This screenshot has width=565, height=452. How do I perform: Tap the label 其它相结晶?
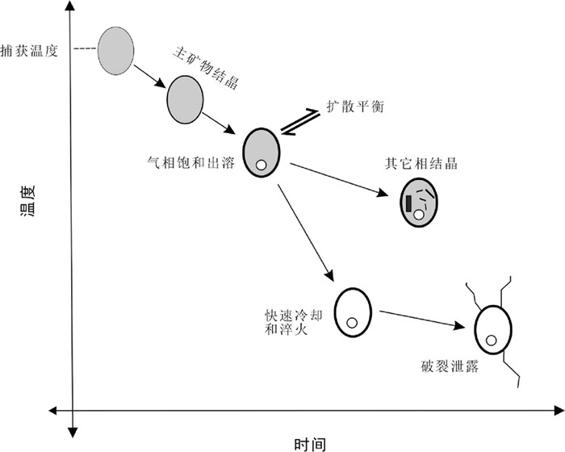[x=421, y=163]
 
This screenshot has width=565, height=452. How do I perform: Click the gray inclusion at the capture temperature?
[x=116, y=50]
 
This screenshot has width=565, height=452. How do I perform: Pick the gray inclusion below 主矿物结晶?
[x=186, y=99]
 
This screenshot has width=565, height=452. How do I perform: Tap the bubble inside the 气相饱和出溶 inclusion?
[x=262, y=166]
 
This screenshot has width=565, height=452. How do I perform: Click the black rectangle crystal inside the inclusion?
[x=409, y=203]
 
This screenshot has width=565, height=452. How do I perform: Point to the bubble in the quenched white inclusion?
[x=352, y=323]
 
